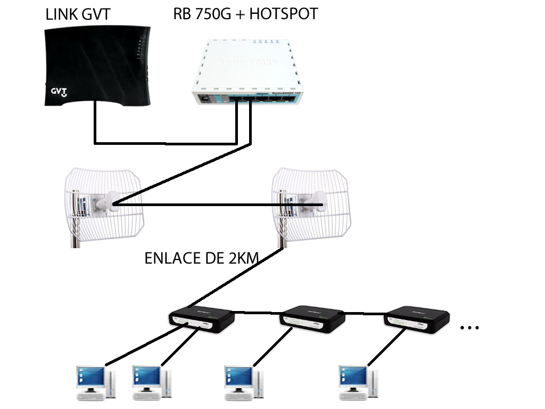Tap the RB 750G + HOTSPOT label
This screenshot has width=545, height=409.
(x=245, y=13)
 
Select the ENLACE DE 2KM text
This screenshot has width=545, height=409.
(x=202, y=259)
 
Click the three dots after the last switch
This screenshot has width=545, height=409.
(x=469, y=328)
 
